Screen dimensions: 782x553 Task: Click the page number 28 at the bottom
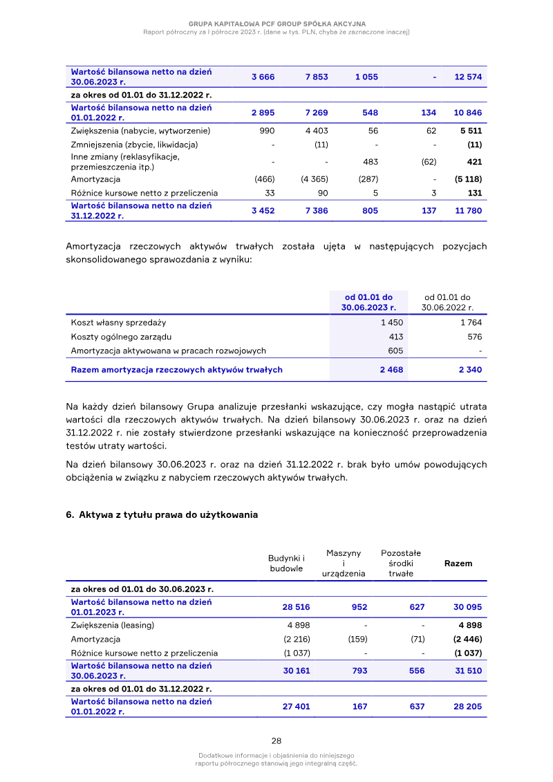point(276,740)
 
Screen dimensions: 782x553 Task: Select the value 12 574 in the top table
point(468,77)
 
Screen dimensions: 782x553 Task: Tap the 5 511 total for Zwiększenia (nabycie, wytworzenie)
point(470,131)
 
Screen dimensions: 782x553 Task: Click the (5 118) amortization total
point(468,179)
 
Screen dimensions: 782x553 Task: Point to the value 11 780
point(468,211)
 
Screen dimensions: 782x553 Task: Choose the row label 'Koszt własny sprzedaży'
point(118,322)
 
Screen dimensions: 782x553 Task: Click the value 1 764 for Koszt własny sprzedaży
point(470,322)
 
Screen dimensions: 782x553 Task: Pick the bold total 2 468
point(391,370)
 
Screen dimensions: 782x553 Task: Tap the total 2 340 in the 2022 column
point(470,370)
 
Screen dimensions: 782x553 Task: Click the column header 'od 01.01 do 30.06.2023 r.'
point(368,302)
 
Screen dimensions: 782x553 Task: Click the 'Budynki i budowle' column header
point(286,563)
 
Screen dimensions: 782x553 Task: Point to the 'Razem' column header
point(458,564)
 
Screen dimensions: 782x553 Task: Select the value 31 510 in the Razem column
point(468,671)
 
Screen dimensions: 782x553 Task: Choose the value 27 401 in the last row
point(296,707)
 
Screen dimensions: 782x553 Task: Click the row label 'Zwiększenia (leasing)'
point(113,625)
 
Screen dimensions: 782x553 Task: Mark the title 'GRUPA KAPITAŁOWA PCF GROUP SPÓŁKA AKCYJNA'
point(276,24)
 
